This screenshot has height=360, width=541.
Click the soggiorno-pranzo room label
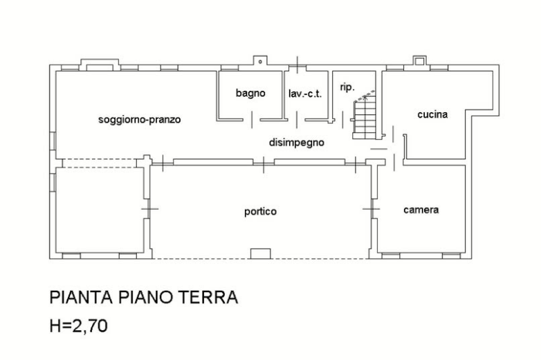(139, 120)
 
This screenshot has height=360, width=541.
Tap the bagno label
(250, 93)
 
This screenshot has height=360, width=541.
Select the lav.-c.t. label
(305, 93)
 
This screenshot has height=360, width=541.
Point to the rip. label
(347, 87)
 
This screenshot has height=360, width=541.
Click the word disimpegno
(296, 142)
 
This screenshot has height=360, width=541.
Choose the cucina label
(432, 114)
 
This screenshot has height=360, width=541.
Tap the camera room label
(421, 210)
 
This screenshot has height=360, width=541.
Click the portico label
(260, 211)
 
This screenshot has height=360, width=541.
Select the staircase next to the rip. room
(365, 118)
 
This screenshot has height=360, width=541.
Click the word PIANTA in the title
(81, 297)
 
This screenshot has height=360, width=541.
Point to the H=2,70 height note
(79, 325)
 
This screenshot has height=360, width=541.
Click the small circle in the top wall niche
(261, 62)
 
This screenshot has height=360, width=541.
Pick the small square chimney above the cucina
(419, 62)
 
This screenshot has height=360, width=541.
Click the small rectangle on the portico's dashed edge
(261, 253)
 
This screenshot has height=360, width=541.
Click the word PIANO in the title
(145, 297)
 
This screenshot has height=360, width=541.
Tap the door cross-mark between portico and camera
(372, 209)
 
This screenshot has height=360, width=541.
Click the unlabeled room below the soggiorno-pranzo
(100, 210)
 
